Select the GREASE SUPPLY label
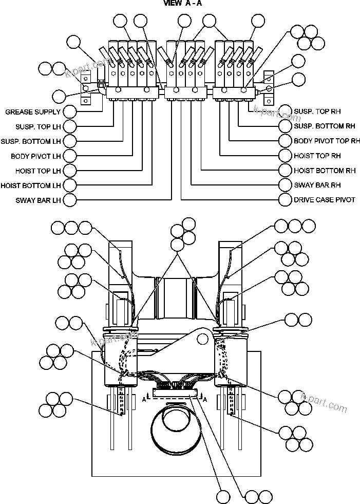coord(33,111)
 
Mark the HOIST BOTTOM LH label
coord(31,185)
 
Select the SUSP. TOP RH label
coord(317,111)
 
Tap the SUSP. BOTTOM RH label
coord(325,126)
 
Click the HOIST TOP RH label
coord(317,156)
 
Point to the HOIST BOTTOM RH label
coord(325,170)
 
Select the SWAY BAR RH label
coord(317,185)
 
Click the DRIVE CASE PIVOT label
coord(325,200)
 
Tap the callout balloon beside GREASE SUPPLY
coord(69,111)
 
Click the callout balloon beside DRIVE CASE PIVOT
coord(286,200)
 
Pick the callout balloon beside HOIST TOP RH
coord(286,156)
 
